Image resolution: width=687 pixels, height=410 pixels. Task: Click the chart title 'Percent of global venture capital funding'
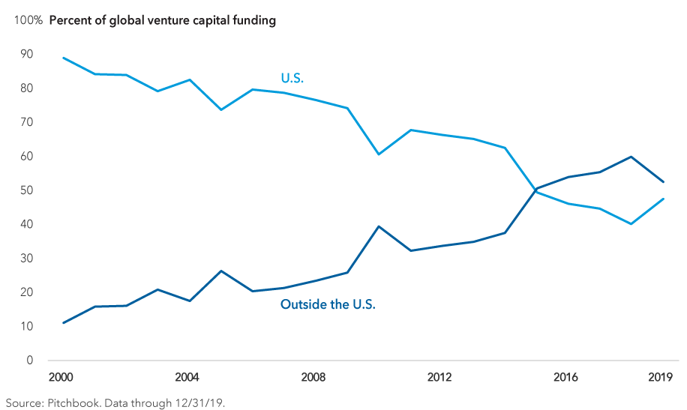(163, 20)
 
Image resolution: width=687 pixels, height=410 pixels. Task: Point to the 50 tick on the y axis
(28, 190)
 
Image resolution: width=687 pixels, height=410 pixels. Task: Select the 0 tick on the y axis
(30, 361)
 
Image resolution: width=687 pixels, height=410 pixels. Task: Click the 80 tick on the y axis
(28, 88)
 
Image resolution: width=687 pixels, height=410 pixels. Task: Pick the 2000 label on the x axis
(64, 376)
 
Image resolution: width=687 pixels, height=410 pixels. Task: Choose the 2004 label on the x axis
(187, 376)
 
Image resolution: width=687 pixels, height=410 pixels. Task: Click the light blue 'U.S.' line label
(293, 77)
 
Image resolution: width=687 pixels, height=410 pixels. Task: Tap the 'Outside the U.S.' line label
(328, 304)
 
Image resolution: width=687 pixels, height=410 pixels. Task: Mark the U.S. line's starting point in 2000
(64, 58)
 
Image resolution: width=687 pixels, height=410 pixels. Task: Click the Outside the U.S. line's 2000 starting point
(64, 322)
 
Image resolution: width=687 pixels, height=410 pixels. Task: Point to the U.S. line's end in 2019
(662, 199)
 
